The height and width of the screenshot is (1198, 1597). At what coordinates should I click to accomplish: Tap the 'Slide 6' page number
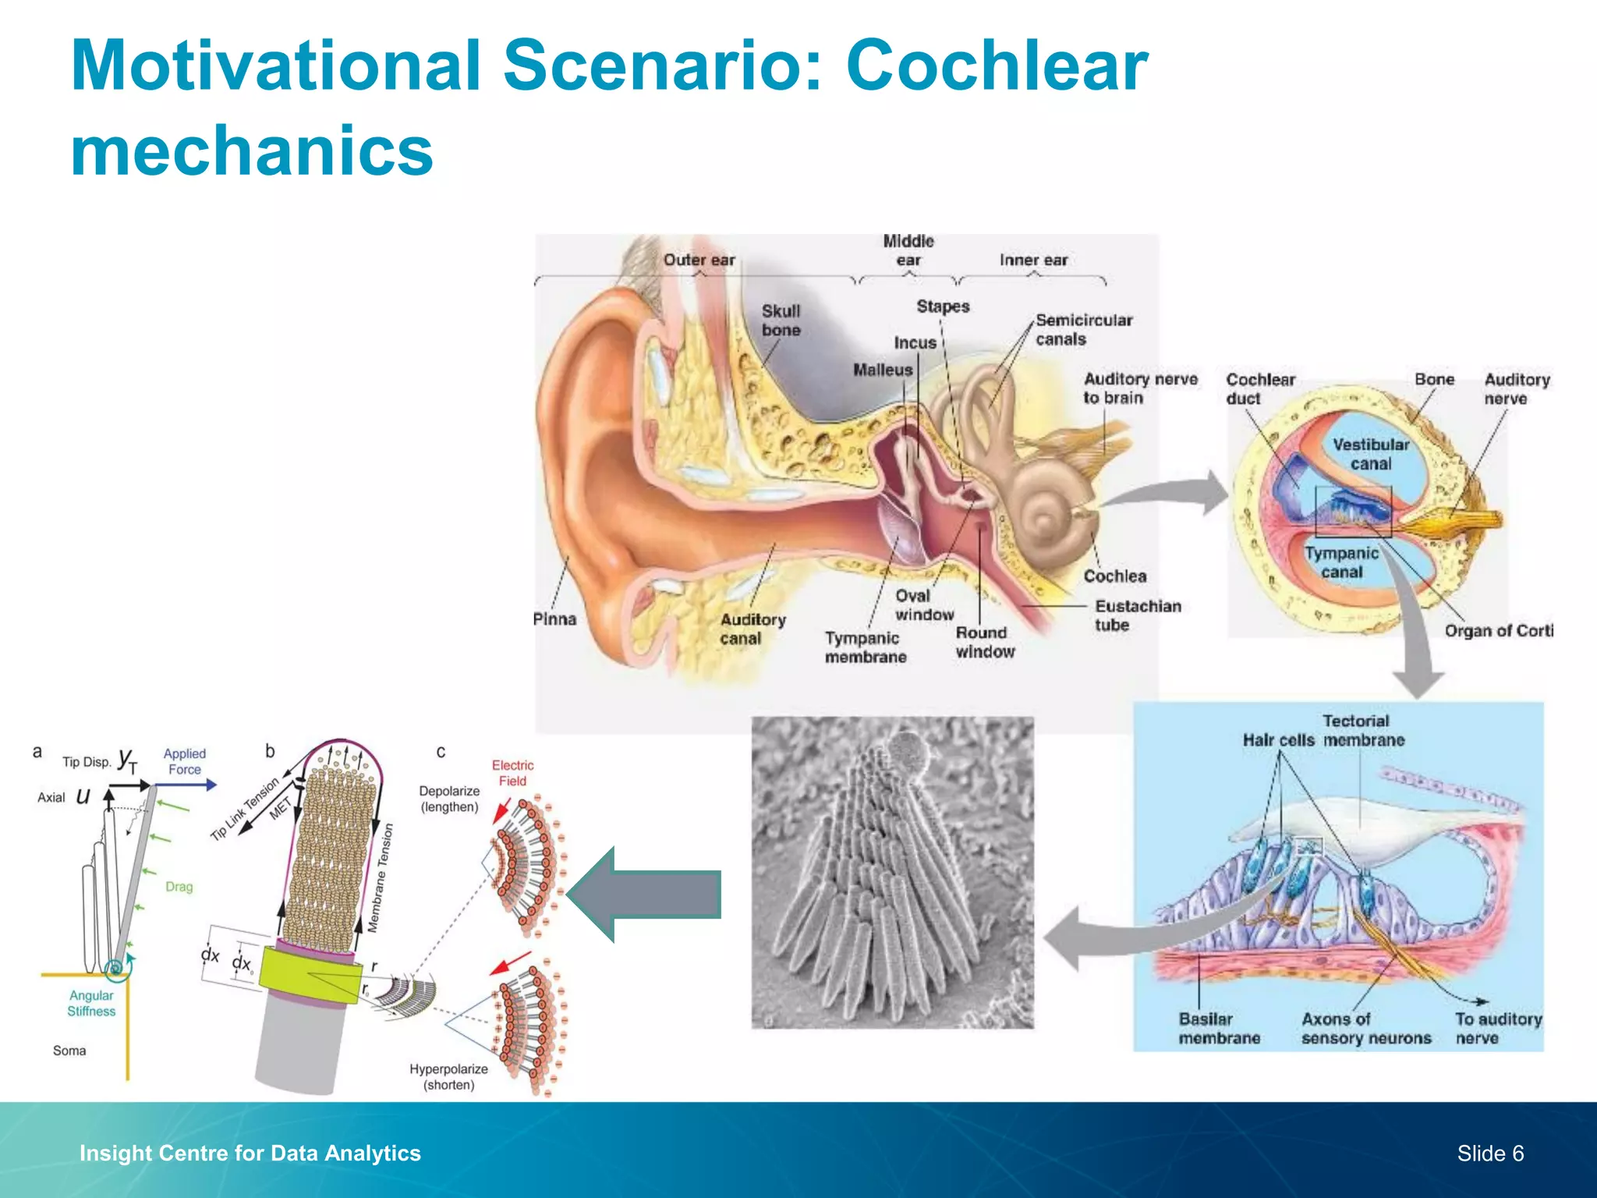pos(1489,1153)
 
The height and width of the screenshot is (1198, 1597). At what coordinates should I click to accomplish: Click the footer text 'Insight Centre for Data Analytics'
pos(250,1153)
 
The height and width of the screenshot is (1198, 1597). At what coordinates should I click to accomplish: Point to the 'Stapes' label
pos(943,307)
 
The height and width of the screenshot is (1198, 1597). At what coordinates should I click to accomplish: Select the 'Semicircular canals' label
pos(1083,329)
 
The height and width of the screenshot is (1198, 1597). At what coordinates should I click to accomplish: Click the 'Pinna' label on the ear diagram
pos(554,619)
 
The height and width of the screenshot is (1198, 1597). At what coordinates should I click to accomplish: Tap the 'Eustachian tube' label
pos(1137,615)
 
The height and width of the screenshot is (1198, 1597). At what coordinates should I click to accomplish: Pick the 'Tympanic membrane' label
pos(865,647)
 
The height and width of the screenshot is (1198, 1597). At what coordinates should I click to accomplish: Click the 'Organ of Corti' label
pos(1497,630)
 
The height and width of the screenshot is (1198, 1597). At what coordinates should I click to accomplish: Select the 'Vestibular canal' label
pos(1370,454)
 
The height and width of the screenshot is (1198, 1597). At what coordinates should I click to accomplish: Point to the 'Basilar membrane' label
pos(1219,1028)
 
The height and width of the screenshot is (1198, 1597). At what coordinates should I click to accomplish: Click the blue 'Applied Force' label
pos(185,761)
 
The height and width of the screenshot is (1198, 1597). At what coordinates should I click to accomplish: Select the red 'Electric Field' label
pos(512,773)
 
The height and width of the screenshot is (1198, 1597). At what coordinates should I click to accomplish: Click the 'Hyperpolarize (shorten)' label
pos(448,1076)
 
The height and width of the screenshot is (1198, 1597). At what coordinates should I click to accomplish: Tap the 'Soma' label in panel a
pos(69,1051)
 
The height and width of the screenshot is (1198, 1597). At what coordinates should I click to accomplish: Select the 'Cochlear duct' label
pos(1259,388)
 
